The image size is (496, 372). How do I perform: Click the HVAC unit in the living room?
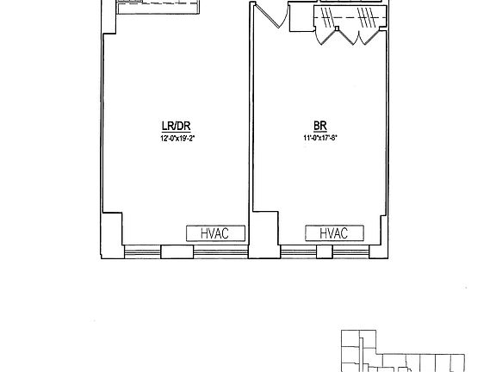pyautogui.click(x=216, y=233)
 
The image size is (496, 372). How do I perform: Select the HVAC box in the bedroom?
pyautogui.click(x=333, y=233)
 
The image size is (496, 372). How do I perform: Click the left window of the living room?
pyautogui.click(x=142, y=251)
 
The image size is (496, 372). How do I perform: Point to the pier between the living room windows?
pyautogui.click(x=177, y=251)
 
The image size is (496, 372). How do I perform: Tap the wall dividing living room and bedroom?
pyautogui.click(x=251, y=129)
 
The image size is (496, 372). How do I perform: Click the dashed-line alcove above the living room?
pyautogui.click(x=159, y=7)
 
